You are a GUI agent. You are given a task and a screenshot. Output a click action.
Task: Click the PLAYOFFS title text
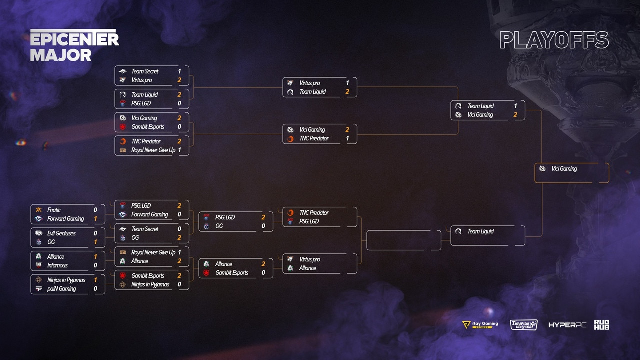click(x=554, y=41)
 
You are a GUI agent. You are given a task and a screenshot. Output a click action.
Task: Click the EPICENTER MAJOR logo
click(x=74, y=46)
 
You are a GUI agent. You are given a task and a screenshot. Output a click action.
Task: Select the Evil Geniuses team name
click(x=61, y=233)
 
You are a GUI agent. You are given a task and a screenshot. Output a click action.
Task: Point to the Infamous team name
click(x=57, y=265)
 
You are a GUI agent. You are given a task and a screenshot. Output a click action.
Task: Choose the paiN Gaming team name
click(x=62, y=289)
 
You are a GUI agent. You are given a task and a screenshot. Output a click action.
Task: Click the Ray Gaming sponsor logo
click(x=480, y=325)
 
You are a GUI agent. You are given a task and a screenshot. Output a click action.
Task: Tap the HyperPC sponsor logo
click(x=567, y=325)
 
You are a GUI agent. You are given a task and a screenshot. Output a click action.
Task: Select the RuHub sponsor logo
click(x=601, y=325)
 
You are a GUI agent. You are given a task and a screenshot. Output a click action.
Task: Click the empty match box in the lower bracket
click(x=404, y=240)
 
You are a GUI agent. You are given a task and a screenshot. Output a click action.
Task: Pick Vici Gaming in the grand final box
click(x=564, y=169)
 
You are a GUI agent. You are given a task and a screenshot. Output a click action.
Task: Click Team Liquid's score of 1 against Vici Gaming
click(x=515, y=106)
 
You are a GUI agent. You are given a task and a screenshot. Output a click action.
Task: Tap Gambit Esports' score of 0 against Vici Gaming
click(x=179, y=127)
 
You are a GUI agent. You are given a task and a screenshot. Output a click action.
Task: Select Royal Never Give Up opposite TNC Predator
click(x=153, y=150)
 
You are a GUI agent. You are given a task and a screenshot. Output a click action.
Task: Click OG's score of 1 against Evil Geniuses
click(x=95, y=242)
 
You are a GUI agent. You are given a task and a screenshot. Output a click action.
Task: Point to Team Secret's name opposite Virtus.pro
click(x=145, y=71)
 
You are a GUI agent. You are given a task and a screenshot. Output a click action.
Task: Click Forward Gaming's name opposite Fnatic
click(x=66, y=219)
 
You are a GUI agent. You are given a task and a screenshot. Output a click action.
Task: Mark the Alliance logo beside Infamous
click(x=39, y=257)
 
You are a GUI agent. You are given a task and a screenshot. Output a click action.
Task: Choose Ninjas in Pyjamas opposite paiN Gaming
click(x=66, y=280)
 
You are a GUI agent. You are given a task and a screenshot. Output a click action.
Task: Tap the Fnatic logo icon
click(x=39, y=210)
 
